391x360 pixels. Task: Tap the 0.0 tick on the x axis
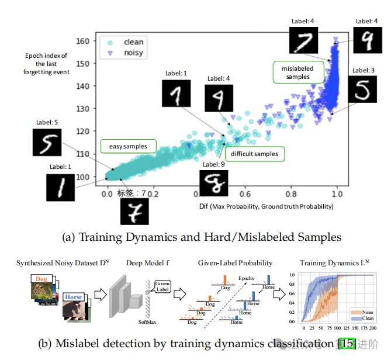(x=107, y=192)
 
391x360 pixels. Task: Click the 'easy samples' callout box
(x=124, y=145)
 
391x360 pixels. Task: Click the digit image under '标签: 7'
(x=135, y=210)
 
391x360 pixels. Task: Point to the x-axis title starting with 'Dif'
(x=266, y=206)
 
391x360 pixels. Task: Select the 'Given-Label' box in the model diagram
(x=162, y=285)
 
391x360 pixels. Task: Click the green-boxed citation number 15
(x=347, y=344)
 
